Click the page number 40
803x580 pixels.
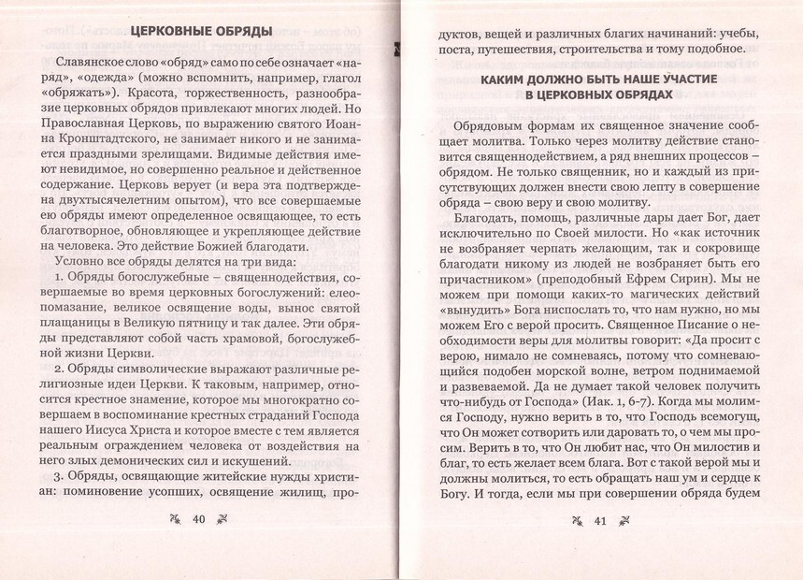tap(198, 520)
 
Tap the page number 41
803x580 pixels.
tap(602, 522)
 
